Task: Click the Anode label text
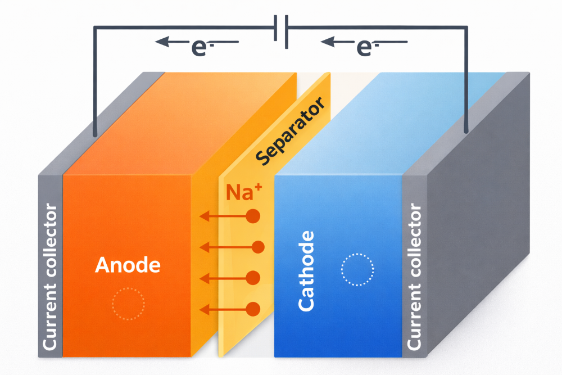(128, 265)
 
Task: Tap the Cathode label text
(306, 270)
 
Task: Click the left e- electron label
(200, 47)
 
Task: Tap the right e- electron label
(365, 47)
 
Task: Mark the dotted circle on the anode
(128, 304)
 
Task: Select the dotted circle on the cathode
(357, 270)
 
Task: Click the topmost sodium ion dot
(253, 216)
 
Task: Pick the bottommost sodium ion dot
(253, 309)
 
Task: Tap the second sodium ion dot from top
(259, 247)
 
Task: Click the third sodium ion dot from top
(253, 278)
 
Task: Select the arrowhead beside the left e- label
(162, 41)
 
